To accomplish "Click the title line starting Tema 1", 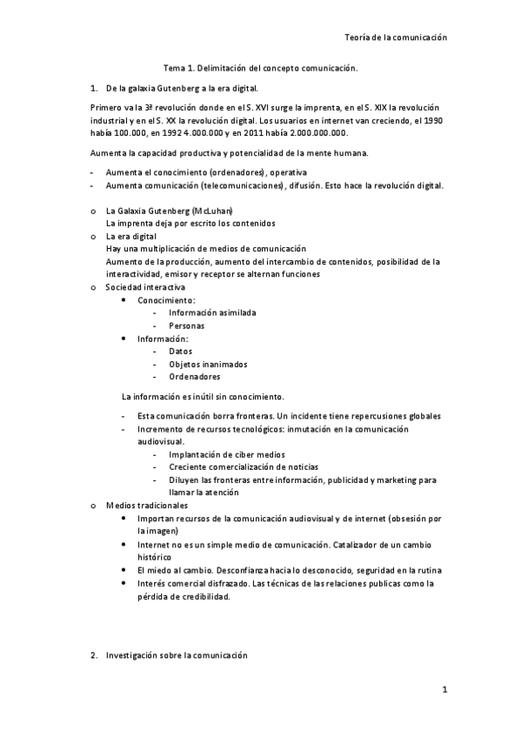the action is (x=260, y=68).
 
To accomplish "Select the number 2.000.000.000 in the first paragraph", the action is (x=311, y=133).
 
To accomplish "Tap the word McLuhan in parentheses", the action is (x=213, y=211).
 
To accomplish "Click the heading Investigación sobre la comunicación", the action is (x=177, y=654).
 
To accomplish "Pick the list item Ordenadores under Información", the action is (x=194, y=377).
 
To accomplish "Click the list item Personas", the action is (x=187, y=325).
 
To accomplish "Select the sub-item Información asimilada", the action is (x=212, y=312).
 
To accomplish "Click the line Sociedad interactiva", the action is (x=144, y=286).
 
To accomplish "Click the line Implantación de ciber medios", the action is (x=227, y=454).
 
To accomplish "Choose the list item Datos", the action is (x=181, y=351).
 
